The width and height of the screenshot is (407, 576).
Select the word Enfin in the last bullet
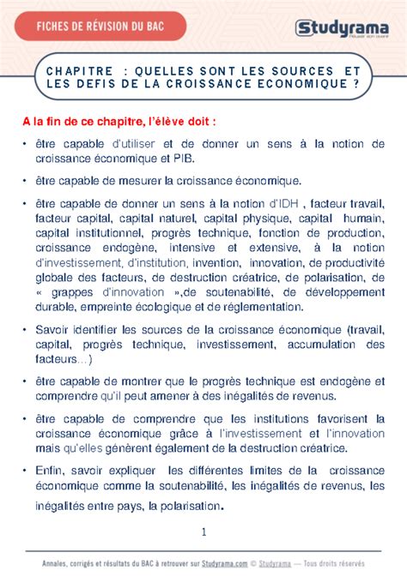pyautogui.click(x=52, y=470)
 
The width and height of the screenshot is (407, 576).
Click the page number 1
pyautogui.click(x=204, y=531)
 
